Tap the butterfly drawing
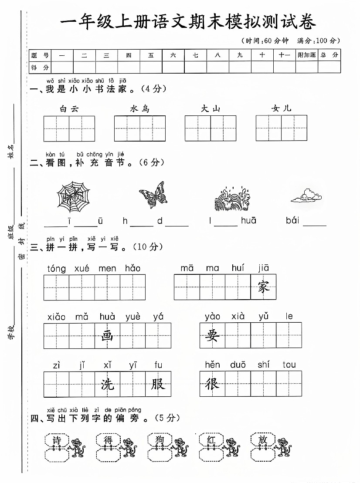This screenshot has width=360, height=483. click(153, 195)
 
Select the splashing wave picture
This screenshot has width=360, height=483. click(231, 199)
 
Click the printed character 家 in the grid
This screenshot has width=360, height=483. click(263, 287)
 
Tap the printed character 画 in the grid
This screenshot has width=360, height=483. click(107, 336)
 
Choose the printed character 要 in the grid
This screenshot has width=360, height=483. click(212, 336)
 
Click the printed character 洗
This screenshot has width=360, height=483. click(107, 384)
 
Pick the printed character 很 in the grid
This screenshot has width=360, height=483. click(212, 384)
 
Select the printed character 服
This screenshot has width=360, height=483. click(158, 384)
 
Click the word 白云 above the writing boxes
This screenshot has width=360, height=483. click(69, 109)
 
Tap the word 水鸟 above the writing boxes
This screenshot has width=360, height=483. click(139, 109)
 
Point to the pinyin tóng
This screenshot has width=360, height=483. click(57, 269)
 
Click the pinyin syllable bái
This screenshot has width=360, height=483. click(293, 221)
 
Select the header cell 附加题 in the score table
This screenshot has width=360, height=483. click(306, 55)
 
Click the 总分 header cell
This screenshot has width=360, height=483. click(329, 55)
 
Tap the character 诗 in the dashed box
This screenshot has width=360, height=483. click(57, 440)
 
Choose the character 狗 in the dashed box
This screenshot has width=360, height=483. click(160, 440)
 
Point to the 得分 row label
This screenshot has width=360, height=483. click(40, 68)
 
